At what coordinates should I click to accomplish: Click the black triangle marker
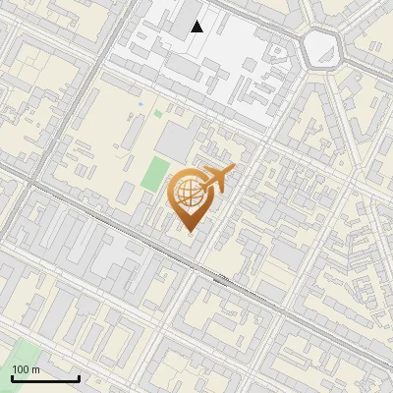coord(197,27)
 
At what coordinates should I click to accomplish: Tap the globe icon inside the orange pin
coord(191,194)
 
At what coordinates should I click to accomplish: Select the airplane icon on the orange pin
coord(218,179)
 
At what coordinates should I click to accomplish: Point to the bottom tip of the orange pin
coord(191,232)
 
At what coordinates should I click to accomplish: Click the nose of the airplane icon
coord(234,169)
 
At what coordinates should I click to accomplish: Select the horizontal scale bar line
coord(45,378)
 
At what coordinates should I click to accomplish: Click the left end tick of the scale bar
coord(12,376)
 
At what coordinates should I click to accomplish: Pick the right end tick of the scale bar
coord(79,376)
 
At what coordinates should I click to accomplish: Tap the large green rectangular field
coord(154,173)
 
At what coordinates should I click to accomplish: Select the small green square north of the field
coord(157,114)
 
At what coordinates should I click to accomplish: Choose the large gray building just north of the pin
coord(176,142)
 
